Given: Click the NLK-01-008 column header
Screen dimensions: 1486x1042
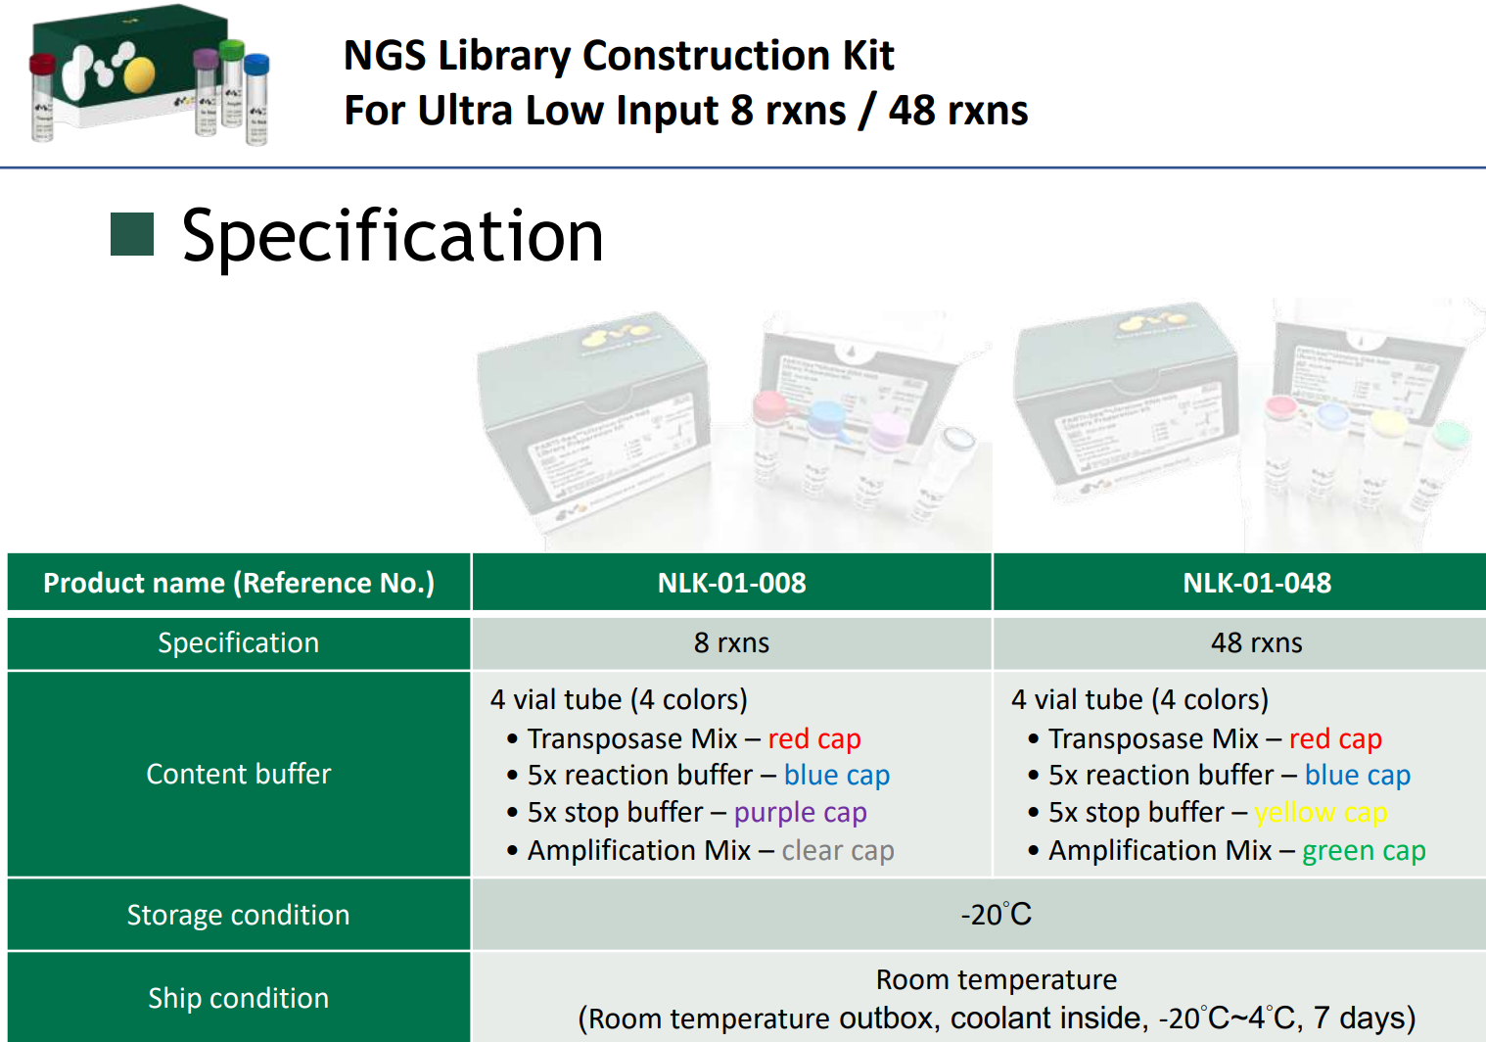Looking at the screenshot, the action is click(x=731, y=583).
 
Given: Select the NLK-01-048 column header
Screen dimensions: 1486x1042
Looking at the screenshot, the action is click(x=1257, y=583).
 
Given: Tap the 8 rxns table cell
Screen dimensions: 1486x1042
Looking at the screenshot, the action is click(x=731, y=642).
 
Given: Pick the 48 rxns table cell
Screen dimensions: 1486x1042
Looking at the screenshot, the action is click(x=1257, y=642).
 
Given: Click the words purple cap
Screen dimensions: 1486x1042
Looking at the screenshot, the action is click(x=800, y=813).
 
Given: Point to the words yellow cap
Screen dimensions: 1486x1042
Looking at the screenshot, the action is click(x=1321, y=813).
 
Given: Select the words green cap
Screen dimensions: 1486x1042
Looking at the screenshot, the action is click(x=1364, y=850).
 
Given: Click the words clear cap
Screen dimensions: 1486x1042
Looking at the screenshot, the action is click(x=838, y=850).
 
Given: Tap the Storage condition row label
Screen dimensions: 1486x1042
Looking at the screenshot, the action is click(x=238, y=916).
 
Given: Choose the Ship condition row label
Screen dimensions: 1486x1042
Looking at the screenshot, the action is click(x=238, y=998).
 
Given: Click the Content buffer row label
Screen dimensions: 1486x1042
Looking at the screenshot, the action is click(x=238, y=774).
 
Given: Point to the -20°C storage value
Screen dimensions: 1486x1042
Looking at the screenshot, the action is click(x=997, y=915).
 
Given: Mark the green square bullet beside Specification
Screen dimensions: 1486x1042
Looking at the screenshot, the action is click(x=132, y=234).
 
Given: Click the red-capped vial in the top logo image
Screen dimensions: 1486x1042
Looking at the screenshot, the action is click(x=42, y=98).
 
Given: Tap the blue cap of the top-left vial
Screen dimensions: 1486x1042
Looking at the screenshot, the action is click(x=256, y=64).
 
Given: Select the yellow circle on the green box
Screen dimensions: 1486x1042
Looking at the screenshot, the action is click(x=139, y=74).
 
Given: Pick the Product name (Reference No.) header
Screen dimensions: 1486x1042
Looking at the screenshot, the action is click(x=239, y=583).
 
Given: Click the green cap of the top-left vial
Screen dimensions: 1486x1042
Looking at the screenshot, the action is click(x=231, y=51).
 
